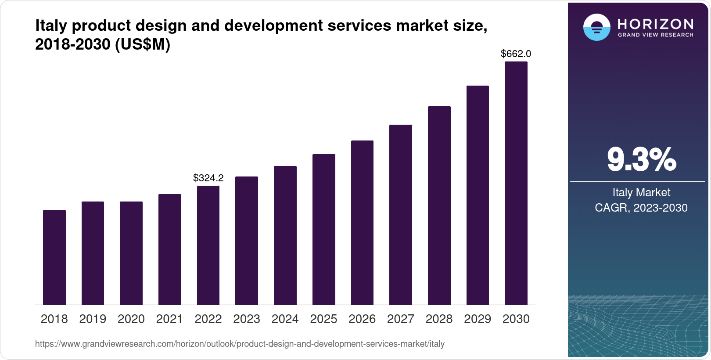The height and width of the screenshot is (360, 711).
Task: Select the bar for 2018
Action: click(x=54, y=257)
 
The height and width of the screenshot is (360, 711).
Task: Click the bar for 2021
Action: click(x=169, y=249)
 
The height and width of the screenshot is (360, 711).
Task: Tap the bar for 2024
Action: click(x=285, y=235)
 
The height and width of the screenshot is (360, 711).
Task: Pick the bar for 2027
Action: click(x=400, y=215)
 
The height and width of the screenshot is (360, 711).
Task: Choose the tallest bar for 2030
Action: click(x=516, y=183)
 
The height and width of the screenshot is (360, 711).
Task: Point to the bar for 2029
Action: click(x=478, y=195)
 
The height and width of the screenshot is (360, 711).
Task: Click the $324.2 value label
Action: click(x=208, y=178)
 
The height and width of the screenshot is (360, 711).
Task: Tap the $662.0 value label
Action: click(x=516, y=54)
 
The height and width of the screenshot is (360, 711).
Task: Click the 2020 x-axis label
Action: click(x=131, y=319)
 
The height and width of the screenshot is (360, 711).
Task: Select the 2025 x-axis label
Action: click(x=323, y=319)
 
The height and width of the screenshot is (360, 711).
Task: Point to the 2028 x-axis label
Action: click(x=439, y=319)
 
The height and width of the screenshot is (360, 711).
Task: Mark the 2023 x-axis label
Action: click(x=246, y=319)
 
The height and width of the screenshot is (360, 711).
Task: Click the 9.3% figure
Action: click(x=641, y=159)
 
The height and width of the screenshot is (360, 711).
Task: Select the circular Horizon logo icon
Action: click(x=596, y=27)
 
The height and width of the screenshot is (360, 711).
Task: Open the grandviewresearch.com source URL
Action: click(x=240, y=344)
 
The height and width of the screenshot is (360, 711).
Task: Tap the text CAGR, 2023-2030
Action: click(x=641, y=208)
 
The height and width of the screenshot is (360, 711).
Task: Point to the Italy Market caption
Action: click(x=641, y=192)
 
